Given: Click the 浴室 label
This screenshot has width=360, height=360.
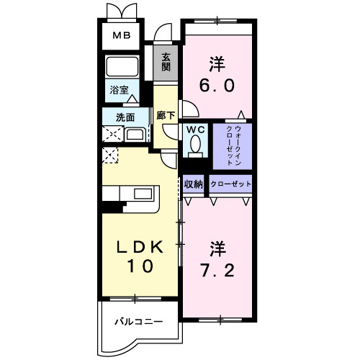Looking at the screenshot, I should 119,91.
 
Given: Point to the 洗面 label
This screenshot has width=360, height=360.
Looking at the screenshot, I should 120,117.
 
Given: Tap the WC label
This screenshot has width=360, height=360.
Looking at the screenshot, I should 195,130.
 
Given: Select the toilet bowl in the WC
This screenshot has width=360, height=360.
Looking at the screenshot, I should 195,146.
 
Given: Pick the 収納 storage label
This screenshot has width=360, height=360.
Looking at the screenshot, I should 194,184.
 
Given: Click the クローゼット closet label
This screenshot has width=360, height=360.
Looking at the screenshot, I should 231,184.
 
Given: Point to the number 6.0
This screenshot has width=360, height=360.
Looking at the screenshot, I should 216,85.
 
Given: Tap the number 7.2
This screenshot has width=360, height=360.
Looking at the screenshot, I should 217,273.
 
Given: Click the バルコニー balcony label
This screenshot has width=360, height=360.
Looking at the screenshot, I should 138,321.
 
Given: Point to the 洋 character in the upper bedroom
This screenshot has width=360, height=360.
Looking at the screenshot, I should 217,62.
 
